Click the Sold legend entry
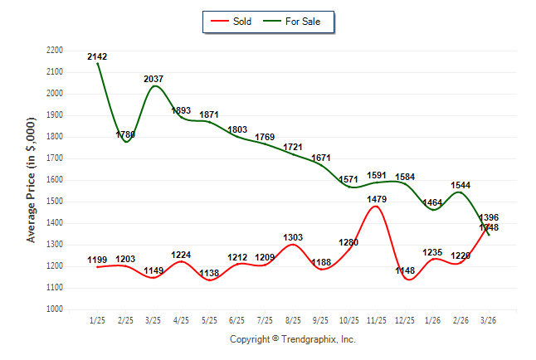pos(232,22)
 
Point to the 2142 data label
pos(97,56)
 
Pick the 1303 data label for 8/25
pos(293,237)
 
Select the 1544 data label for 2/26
pos(460,185)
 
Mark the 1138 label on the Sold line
pos(209,273)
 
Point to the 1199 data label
pos(97,260)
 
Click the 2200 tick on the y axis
pos(54,51)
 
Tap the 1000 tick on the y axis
pos(54,309)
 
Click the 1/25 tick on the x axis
pos(97,320)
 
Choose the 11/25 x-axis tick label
pos(376,320)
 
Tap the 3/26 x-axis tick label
pos(488,320)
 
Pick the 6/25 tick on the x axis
pos(236,320)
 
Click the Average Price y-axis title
pos(32,179)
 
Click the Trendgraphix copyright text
pos(292,339)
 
